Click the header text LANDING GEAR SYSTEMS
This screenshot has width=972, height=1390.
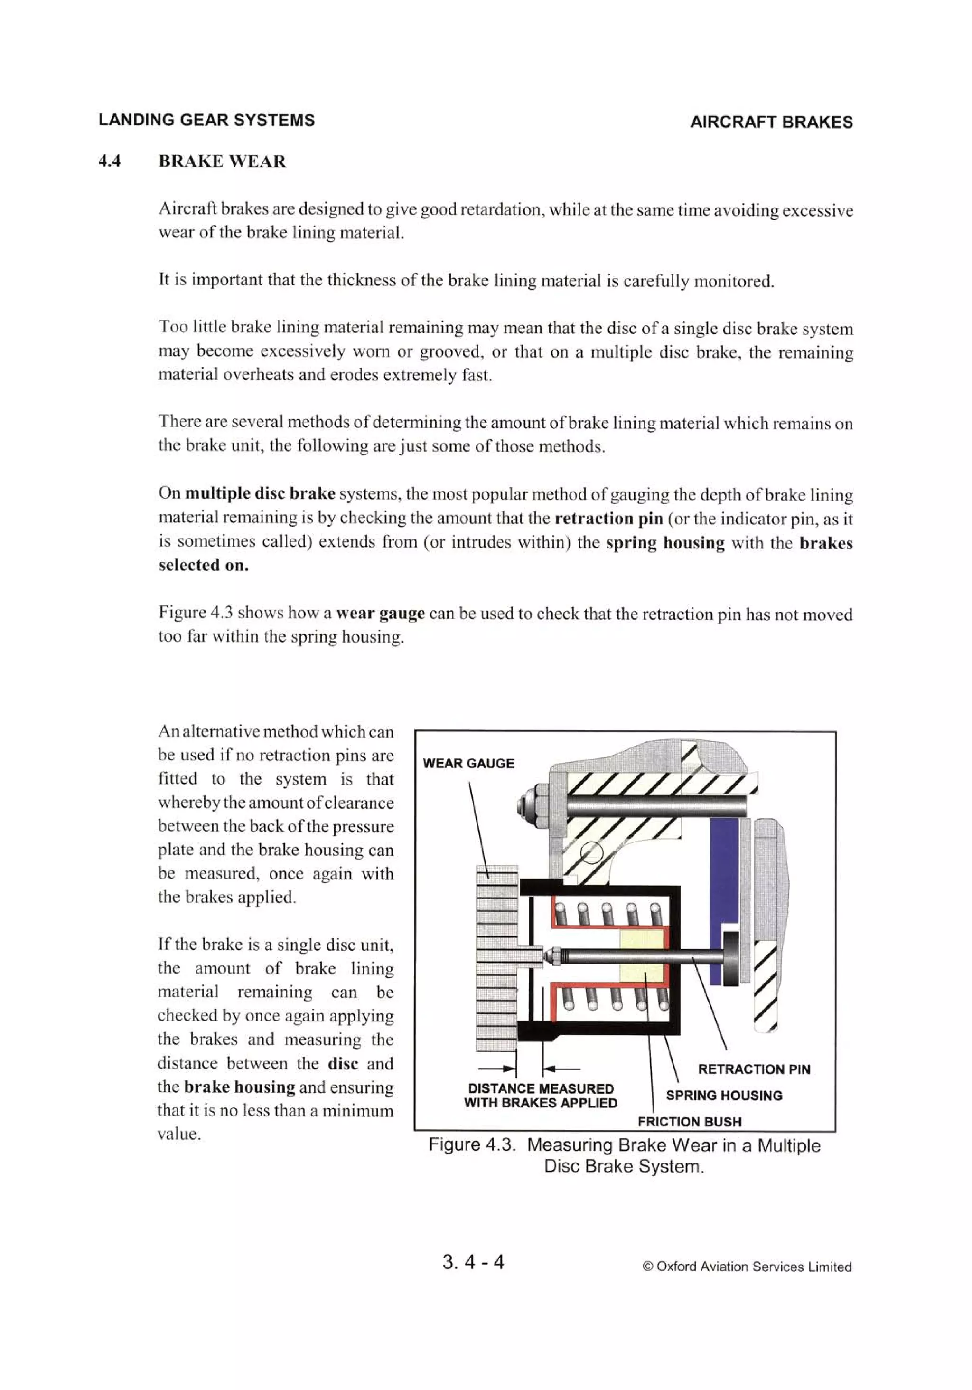(x=206, y=120)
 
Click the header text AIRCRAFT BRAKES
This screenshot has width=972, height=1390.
(x=771, y=123)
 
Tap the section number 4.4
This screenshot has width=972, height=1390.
(x=110, y=161)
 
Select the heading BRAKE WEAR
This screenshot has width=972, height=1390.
(x=222, y=161)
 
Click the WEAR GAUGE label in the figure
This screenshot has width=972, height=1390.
(x=468, y=764)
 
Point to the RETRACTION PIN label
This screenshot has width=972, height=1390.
(x=754, y=1069)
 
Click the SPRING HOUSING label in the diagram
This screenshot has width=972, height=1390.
(x=724, y=1095)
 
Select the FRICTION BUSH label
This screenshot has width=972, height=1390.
(x=689, y=1122)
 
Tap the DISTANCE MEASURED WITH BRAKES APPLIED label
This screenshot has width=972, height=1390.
(x=541, y=1096)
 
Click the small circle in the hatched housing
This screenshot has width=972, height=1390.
(x=591, y=854)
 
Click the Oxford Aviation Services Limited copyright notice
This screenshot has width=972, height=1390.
(x=747, y=1267)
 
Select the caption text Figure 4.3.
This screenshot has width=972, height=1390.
(x=471, y=1145)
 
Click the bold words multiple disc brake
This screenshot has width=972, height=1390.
(x=260, y=493)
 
